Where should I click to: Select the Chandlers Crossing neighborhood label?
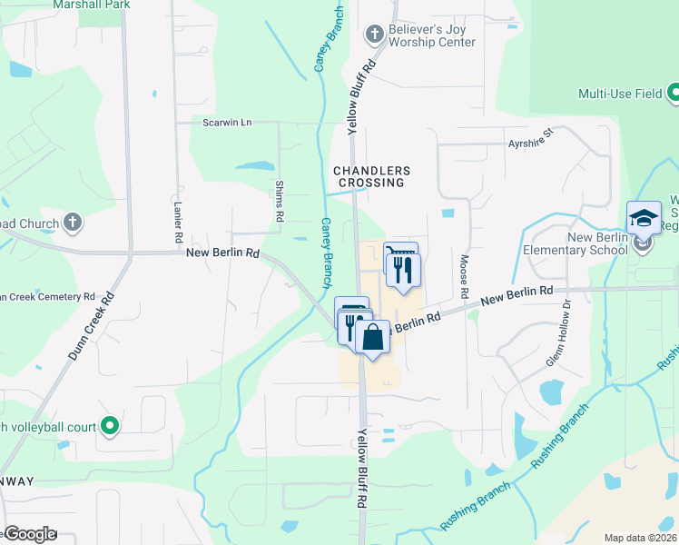click(371, 176)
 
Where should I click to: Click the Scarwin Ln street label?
click(227, 123)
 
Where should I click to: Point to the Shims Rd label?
click(279, 201)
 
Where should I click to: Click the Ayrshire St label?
click(531, 139)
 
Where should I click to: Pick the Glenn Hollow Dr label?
click(560, 334)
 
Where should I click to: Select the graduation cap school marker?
click(644, 219)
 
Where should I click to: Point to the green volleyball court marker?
click(110, 425)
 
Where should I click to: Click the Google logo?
click(29, 534)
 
